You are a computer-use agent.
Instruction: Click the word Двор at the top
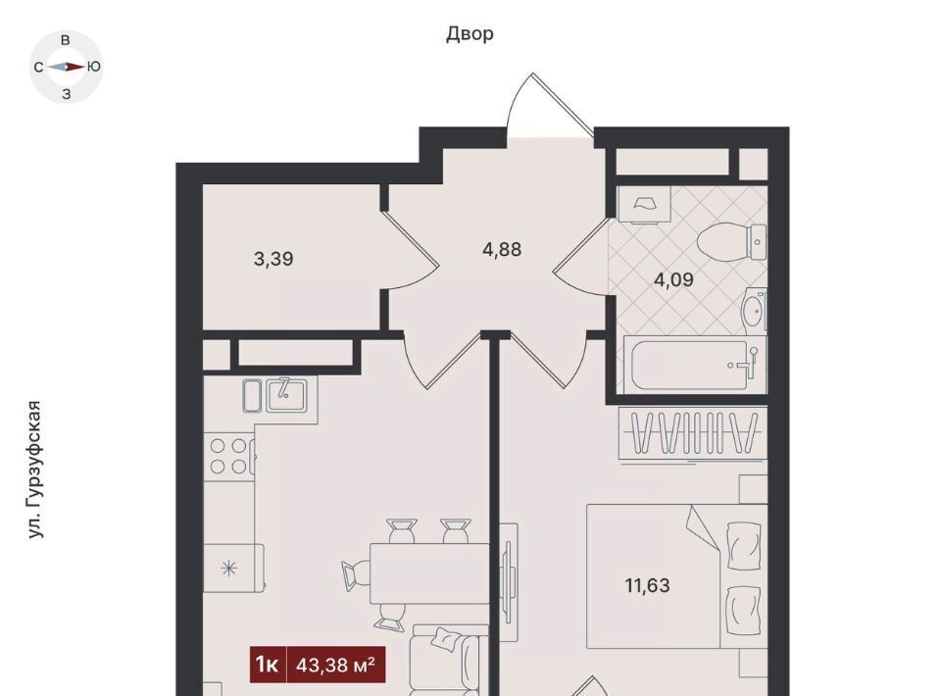[x=470, y=34]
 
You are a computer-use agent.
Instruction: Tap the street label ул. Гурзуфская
[x=36, y=470]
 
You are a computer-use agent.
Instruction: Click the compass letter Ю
[x=94, y=68]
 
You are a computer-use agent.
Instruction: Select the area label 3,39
[x=273, y=259]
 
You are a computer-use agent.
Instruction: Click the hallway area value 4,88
[x=502, y=249]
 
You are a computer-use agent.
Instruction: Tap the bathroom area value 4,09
[x=673, y=279]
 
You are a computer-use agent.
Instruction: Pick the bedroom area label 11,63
[x=648, y=585]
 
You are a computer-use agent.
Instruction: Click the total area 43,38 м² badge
[x=336, y=665]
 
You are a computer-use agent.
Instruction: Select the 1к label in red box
[x=268, y=665]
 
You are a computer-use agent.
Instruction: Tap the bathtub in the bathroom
[x=695, y=366]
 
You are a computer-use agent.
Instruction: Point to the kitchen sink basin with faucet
[x=286, y=395]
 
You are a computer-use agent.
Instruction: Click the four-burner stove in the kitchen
[x=229, y=457]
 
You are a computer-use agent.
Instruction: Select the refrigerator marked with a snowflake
[x=233, y=568]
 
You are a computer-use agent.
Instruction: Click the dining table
[x=429, y=573]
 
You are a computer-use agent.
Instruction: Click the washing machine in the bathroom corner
[x=644, y=204]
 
